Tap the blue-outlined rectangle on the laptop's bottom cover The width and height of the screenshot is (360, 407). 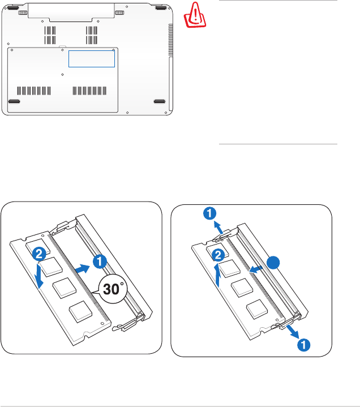(x=91, y=58)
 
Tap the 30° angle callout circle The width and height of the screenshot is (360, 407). (x=113, y=291)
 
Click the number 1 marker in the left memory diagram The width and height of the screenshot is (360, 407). (x=99, y=262)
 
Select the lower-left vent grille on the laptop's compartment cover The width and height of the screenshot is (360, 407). (x=34, y=91)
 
